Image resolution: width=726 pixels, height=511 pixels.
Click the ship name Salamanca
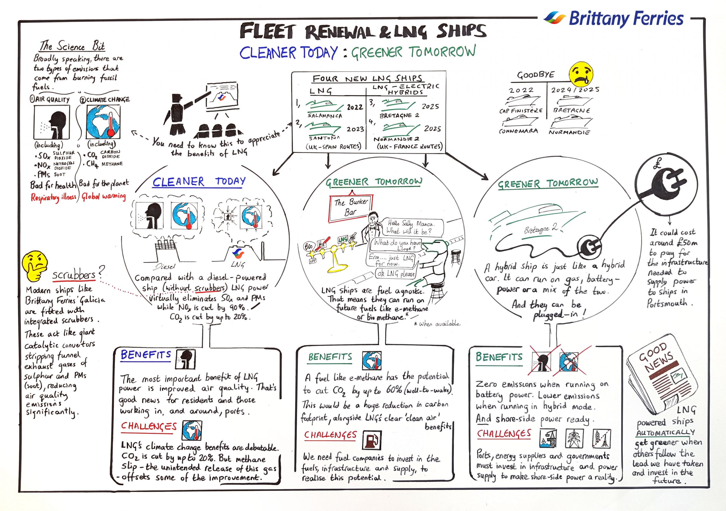pos(325,116)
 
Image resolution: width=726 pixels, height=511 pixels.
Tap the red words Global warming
pos(104,197)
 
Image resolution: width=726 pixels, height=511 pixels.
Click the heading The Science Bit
pos(72,46)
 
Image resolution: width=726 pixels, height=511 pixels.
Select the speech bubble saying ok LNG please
pos(395,274)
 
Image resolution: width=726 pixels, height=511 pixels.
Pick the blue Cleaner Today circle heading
pos(199,182)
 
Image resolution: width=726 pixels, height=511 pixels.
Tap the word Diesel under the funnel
pos(165,267)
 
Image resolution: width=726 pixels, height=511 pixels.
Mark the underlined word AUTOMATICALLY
pos(666,432)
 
